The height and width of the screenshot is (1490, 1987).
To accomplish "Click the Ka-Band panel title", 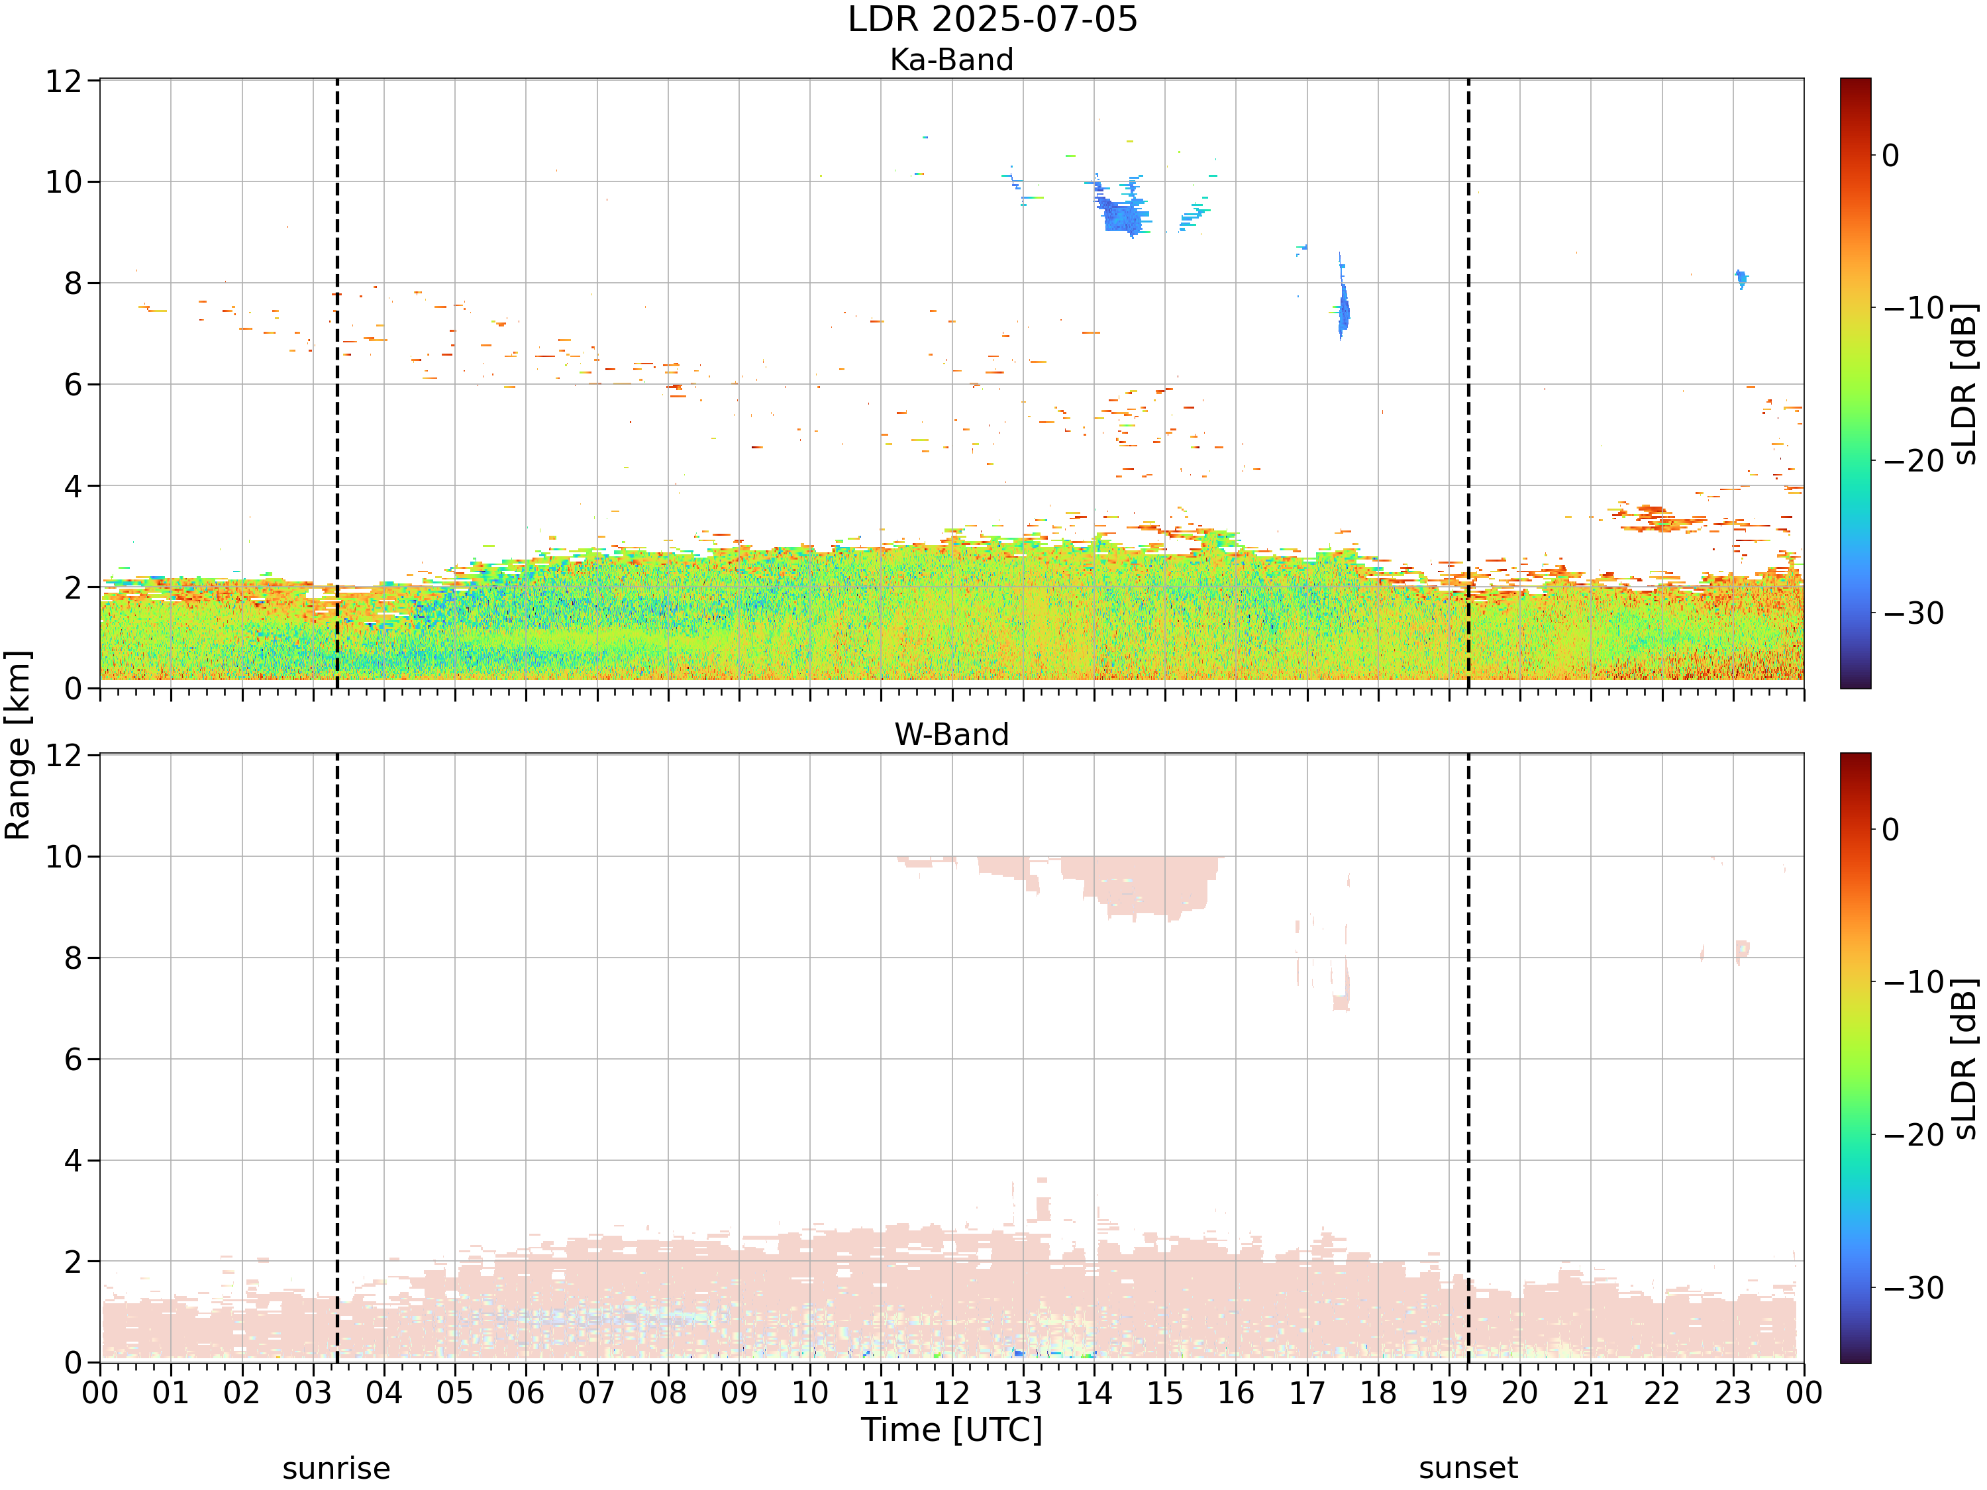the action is [x=951, y=60].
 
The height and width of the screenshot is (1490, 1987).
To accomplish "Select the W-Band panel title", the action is [x=951, y=734].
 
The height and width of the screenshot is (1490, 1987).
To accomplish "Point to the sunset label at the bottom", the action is [x=1468, y=1468].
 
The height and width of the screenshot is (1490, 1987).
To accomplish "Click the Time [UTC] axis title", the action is [x=951, y=1430].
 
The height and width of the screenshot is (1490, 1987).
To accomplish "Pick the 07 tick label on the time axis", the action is [x=597, y=1393].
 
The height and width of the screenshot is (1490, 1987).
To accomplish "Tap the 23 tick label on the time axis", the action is [x=1733, y=1393].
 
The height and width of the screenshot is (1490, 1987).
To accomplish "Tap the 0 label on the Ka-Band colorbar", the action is [x=1891, y=156].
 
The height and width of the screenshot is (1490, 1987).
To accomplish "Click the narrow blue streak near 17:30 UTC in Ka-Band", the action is [x=1343, y=298].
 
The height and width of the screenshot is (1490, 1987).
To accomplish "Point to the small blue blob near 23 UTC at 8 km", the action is [x=1741, y=278].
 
